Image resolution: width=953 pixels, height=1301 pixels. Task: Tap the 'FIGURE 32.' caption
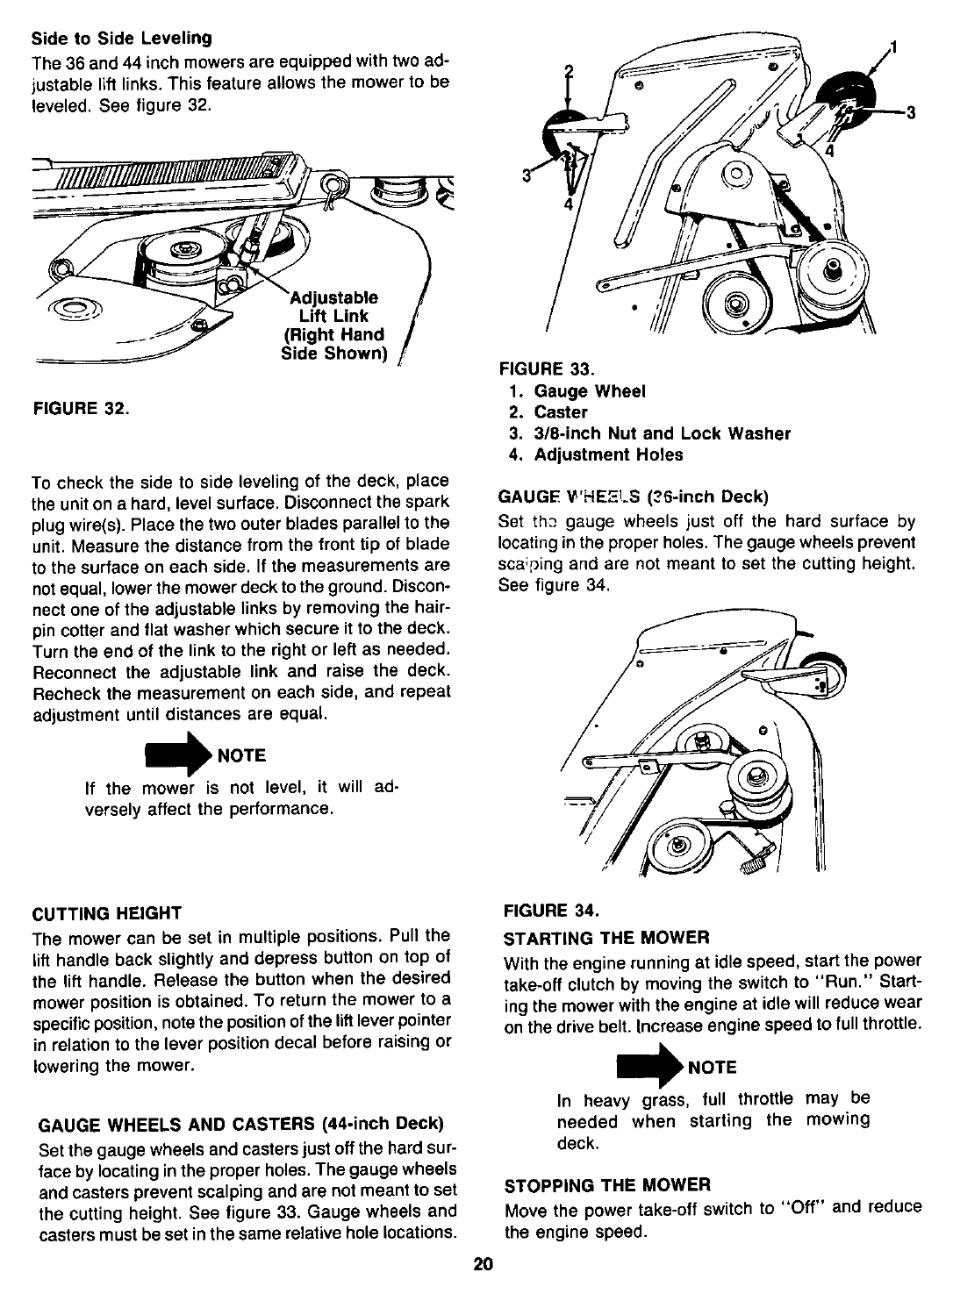point(81,408)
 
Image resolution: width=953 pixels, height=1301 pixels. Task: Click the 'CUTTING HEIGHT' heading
point(107,912)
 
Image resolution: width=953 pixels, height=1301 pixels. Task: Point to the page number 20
point(482,1264)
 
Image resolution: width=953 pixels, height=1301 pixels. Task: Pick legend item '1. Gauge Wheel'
point(578,391)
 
